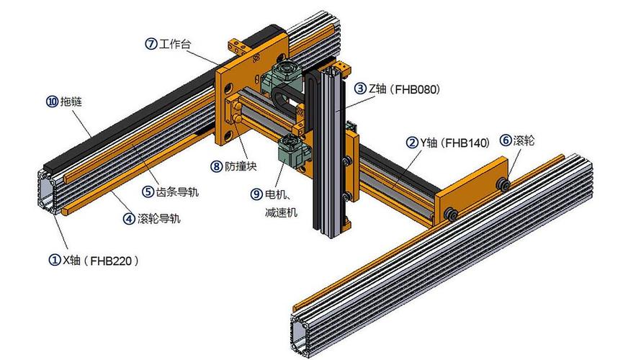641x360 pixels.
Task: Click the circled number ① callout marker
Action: click(x=55, y=260)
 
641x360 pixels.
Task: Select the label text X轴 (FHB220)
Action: click(x=101, y=261)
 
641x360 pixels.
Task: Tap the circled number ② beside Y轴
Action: click(x=412, y=143)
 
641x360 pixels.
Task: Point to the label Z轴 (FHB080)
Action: click(x=404, y=89)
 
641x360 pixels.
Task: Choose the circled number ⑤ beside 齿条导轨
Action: click(x=148, y=192)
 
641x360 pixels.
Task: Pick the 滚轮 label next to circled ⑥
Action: click(x=524, y=140)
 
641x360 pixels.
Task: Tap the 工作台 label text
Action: click(x=174, y=44)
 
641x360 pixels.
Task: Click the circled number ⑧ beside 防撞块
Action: click(x=217, y=166)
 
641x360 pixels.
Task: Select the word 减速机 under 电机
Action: click(x=282, y=212)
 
